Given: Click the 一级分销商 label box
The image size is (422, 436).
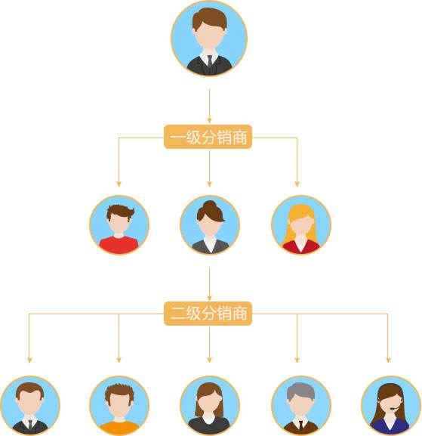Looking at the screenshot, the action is [208, 137].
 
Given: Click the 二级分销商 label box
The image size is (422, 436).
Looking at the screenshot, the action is [208, 314].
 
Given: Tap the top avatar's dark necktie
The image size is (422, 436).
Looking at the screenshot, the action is [210, 61].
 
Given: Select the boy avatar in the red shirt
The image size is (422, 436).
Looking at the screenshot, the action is [119, 224].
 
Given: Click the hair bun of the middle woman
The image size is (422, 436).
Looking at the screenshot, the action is [210, 206].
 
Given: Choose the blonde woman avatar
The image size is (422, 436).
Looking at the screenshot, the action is [301, 224].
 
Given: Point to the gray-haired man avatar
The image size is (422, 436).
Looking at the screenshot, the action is [301, 406].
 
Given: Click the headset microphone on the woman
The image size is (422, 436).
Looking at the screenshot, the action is [393, 409].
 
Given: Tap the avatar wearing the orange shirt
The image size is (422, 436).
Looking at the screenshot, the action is [119, 406].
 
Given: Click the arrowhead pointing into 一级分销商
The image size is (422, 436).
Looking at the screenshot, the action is [209, 120].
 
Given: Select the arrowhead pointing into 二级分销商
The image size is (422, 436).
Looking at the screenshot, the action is [209, 298].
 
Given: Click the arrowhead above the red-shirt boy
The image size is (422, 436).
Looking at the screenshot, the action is [119, 184].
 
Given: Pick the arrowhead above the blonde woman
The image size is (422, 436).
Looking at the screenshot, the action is [297, 184].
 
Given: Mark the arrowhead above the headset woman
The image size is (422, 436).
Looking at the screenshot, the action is [388, 360].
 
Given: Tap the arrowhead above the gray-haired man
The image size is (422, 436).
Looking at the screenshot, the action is [297, 360].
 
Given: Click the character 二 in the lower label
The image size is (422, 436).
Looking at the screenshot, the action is [177, 314].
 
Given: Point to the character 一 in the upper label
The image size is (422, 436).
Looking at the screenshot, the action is [177, 137].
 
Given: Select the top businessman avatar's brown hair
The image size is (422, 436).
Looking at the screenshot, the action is [209, 18].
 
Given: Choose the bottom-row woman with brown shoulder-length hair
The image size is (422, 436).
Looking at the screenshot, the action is [210, 406].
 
